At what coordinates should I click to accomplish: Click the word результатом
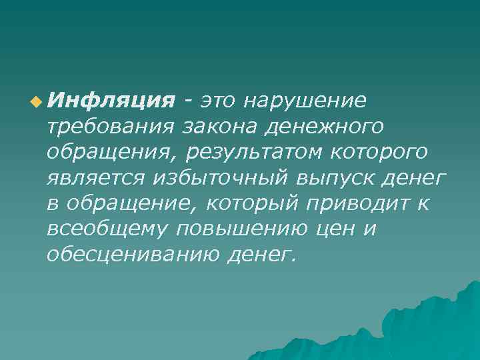257,152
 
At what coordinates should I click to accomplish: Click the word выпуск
341,178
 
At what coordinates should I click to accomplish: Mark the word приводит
363,203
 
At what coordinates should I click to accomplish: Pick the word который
261,203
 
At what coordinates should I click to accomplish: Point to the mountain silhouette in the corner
427,320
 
